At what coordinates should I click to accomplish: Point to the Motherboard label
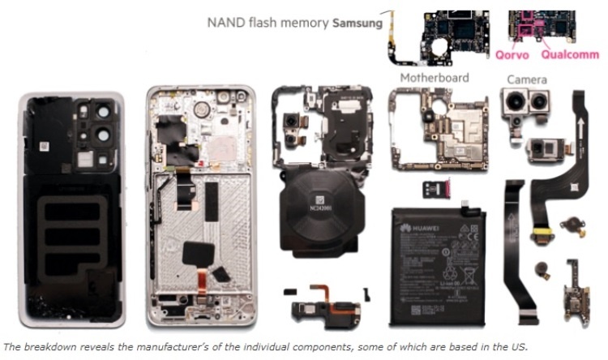436,78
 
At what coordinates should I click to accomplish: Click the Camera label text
527,79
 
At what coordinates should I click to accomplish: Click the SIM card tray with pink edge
438,189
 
